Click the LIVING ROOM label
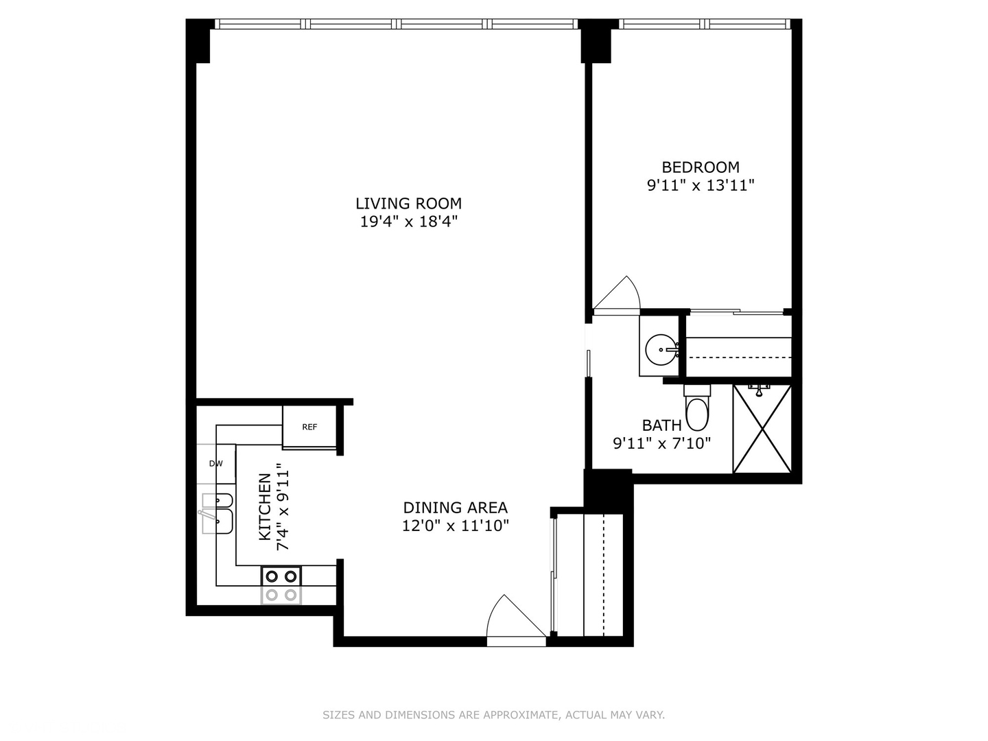pos(408,203)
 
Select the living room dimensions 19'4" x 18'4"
pos(408,222)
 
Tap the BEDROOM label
pos(700,167)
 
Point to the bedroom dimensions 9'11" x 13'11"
pos(700,185)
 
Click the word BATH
pos(661,425)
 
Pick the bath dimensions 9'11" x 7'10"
pos(661,443)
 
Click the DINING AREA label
pos(455,508)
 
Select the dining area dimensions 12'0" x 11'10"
pos(455,526)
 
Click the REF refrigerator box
pos(309,427)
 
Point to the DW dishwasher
pos(216,464)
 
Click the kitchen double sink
pos(218,513)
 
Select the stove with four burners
pos(281,585)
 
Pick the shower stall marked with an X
pos(762,429)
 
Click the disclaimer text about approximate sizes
pos(493,715)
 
